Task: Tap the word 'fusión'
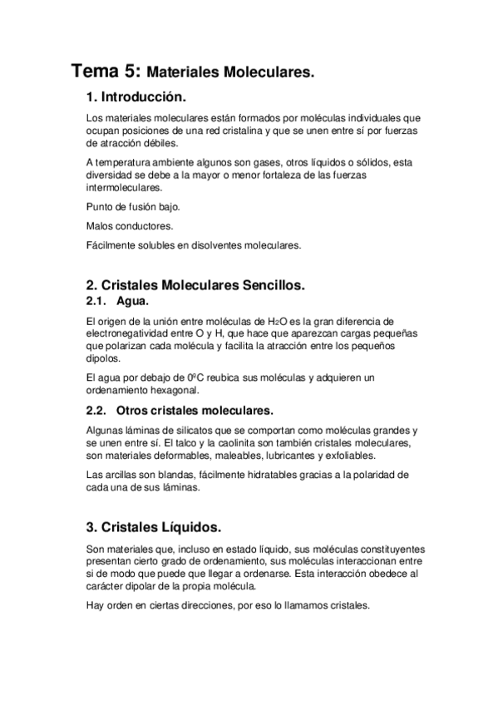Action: [145, 206]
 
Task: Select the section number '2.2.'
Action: [97, 411]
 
